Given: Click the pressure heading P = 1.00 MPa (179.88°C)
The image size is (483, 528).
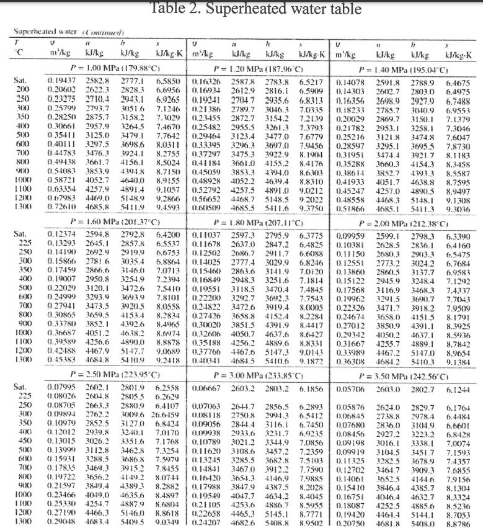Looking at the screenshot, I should pos(105,67).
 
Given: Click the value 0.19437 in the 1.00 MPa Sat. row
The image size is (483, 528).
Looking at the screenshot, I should pos(61,81).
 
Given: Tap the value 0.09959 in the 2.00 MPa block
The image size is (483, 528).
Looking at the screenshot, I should pos(349,236).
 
